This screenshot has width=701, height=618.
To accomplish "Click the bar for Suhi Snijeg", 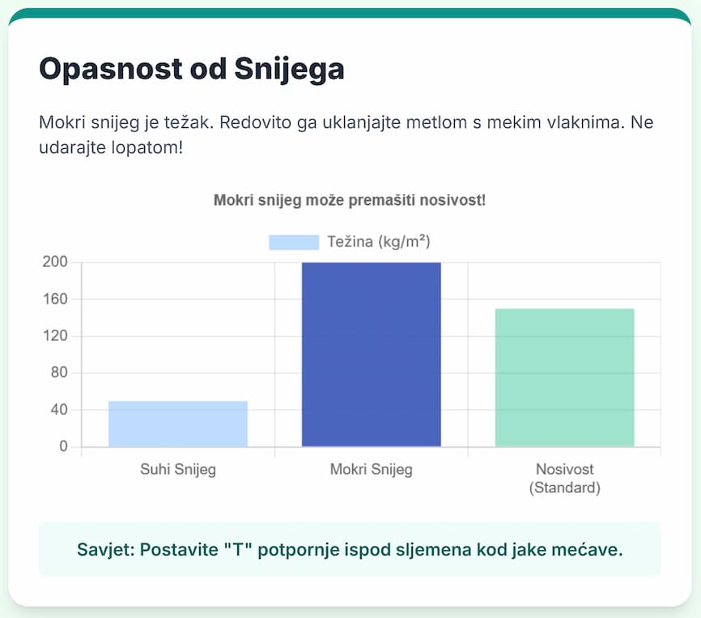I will [x=178, y=424].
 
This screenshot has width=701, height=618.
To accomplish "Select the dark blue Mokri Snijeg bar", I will [x=372, y=354].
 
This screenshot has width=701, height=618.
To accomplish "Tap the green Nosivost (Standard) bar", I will [x=564, y=377].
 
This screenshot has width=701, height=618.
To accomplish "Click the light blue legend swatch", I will [x=294, y=242].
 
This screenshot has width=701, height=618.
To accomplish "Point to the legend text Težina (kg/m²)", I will [x=378, y=242].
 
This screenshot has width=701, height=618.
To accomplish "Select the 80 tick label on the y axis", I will [x=61, y=373].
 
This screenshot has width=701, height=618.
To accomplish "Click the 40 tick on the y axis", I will [x=61, y=410].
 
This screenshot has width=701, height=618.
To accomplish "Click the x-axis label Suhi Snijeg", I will [x=178, y=470].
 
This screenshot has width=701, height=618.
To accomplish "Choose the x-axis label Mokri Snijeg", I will [x=372, y=470].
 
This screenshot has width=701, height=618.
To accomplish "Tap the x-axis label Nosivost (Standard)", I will [x=564, y=479].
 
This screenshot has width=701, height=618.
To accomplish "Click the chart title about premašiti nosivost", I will [x=350, y=200].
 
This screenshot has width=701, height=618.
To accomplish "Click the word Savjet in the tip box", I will [x=104, y=550].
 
